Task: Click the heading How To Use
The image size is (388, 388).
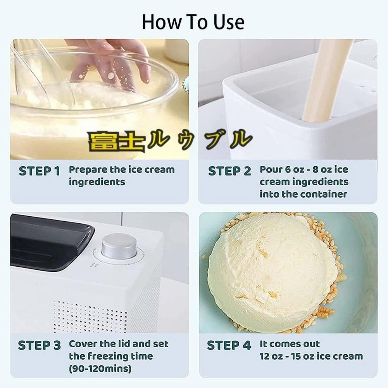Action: pos(193,22)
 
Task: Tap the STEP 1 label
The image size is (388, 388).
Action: pos(40,171)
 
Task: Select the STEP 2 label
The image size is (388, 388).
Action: pos(229,171)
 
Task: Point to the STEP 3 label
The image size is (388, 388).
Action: pos(40,345)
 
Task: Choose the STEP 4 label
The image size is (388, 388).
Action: pos(229,345)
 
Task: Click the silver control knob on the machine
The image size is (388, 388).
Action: pos(119,246)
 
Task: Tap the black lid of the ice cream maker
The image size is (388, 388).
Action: pos(50,243)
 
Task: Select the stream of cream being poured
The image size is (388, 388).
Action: pos(327,79)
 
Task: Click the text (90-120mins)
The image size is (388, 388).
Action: pos(100,369)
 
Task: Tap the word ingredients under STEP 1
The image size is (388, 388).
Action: pos(97,182)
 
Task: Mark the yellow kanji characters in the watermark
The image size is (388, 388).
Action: pos(116,141)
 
